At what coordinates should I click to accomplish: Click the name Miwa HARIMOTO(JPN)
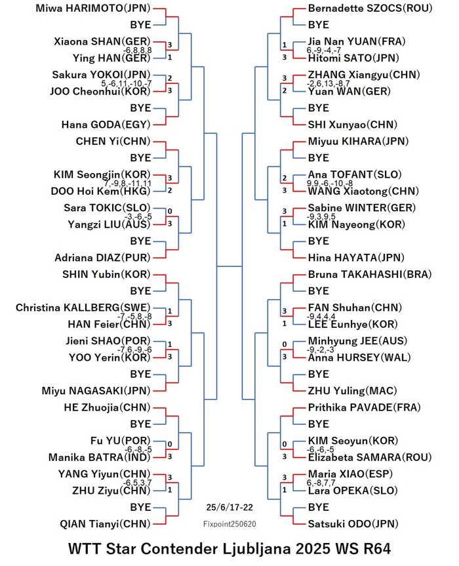[x=92, y=9]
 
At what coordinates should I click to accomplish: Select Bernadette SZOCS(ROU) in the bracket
[x=370, y=9]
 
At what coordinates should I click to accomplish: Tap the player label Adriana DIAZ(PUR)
[x=102, y=258]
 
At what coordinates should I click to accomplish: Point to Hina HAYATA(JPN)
[x=356, y=258]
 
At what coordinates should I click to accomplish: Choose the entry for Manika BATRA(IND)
[x=99, y=457]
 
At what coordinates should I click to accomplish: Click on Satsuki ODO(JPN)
[x=353, y=524]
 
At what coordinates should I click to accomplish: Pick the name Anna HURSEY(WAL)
[x=359, y=357]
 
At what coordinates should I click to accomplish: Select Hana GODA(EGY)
[x=106, y=125]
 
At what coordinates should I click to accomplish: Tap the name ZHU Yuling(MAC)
[x=352, y=391]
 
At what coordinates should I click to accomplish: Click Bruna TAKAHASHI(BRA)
[x=370, y=274]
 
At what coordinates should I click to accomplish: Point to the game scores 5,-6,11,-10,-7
[x=127, y=83]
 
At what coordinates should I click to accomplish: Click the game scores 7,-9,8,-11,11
[x=128, y=184]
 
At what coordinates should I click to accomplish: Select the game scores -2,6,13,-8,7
[x=328, y=83]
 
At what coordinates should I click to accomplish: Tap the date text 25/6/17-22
[x=229, y=507]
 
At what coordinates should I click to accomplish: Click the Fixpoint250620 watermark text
[x=229, y=524]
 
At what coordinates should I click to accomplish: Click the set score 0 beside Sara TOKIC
[x=170, y=211]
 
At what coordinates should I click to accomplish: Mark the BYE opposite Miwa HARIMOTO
[x=140, y=25]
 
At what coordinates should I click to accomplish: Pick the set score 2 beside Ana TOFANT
[x=285, y=178]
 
